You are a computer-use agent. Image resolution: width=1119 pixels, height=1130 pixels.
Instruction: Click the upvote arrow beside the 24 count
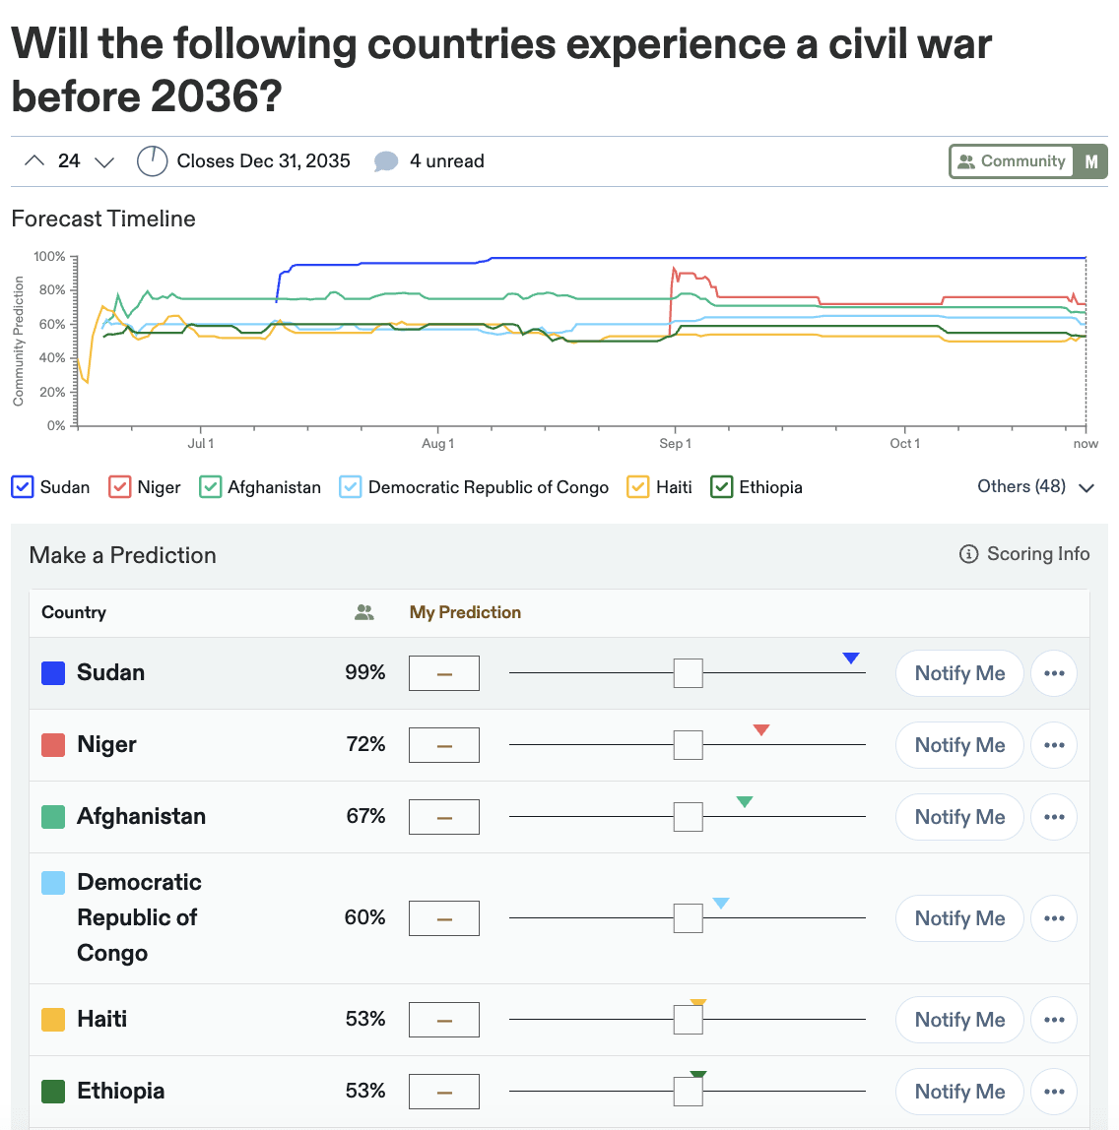(x=34, y=161)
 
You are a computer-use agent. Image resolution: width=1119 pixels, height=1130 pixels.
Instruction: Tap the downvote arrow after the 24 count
(x=103, y=161)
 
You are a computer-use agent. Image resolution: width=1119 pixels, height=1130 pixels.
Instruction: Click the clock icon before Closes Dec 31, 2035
(x=152, y=161)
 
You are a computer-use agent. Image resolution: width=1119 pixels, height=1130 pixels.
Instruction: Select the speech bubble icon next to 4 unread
(x=386, y=161)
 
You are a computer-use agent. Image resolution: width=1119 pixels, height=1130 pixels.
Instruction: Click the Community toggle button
(x=1012, y=161)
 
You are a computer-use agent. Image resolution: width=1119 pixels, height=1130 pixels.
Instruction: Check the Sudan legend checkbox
(x=23, y=487)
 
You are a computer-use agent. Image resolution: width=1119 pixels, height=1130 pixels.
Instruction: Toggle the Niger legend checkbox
(x=120, y=487)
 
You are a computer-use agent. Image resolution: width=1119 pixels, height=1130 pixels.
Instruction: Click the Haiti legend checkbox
(x=638, y=487)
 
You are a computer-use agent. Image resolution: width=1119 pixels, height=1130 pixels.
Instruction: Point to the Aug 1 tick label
(x=437, y=444)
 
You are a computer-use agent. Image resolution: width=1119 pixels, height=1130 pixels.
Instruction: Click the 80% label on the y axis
(x=49, y=290)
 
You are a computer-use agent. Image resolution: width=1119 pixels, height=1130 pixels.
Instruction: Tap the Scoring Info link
(x=1024, y=554)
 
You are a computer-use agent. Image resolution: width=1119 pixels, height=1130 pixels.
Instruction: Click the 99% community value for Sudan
(x=364, y=673)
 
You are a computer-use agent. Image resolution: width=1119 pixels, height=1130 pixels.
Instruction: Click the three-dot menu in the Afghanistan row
(x=1054, y=817)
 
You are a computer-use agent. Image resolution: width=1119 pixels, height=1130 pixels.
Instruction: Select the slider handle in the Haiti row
(x=688, y=1020)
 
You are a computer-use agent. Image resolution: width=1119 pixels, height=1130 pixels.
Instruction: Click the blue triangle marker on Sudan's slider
(x=851, y=659)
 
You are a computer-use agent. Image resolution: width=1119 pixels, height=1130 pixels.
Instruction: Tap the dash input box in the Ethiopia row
(x=444, y=1092)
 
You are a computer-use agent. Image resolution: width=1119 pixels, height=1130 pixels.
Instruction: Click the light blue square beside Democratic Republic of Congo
(x=53, y=883)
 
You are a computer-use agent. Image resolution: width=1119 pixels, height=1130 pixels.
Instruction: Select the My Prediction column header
(x=465, y=612)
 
